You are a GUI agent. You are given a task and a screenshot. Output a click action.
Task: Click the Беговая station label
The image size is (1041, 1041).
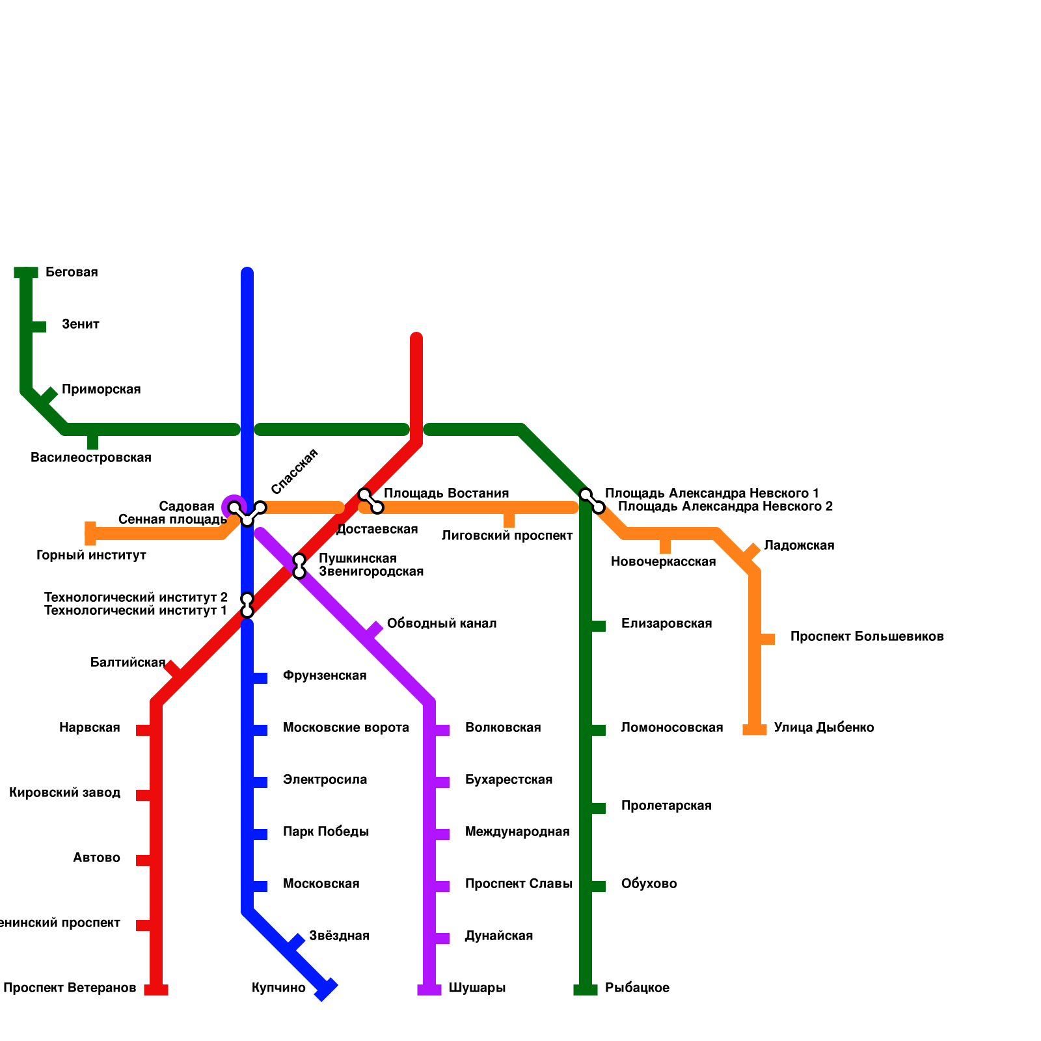(72, 273)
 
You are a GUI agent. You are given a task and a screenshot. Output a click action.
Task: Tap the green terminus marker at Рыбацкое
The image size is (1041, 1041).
(586, 990)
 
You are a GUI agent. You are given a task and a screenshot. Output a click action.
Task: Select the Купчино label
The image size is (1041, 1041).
(278, 988)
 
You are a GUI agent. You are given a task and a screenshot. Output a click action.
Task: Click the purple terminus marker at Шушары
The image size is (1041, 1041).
(429, 990)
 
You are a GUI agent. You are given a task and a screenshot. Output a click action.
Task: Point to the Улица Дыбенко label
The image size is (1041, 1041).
(824, 728)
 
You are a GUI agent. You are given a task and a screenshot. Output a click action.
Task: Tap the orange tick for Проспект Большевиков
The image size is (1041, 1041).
(766, 639)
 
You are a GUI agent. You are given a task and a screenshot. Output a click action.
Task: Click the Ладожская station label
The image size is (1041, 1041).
(799, 546)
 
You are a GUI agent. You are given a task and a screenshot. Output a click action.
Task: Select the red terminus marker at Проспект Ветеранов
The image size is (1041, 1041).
(156, 990)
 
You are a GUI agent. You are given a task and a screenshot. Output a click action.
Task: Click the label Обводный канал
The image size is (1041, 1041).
(441, 624)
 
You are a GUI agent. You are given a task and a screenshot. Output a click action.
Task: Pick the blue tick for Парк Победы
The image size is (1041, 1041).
(259, 834)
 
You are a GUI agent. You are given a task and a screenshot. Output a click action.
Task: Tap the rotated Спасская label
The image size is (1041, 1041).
(294, 471)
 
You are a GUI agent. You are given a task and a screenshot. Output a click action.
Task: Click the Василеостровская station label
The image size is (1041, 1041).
(91, 458)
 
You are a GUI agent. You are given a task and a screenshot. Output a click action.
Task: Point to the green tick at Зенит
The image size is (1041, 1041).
(38, 327)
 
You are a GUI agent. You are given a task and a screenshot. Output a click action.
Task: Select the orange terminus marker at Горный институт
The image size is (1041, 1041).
(90, 534)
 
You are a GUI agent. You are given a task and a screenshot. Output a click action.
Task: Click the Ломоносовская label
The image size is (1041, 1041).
(671, 728)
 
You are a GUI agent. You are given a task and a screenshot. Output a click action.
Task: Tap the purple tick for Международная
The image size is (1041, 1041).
(441, 834)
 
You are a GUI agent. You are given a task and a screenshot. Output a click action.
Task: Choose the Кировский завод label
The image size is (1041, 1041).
(65, 793)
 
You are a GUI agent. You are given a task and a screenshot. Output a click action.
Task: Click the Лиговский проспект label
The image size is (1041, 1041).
(507, 536)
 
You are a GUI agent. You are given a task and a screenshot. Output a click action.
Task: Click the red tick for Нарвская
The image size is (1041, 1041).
(144, 730)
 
